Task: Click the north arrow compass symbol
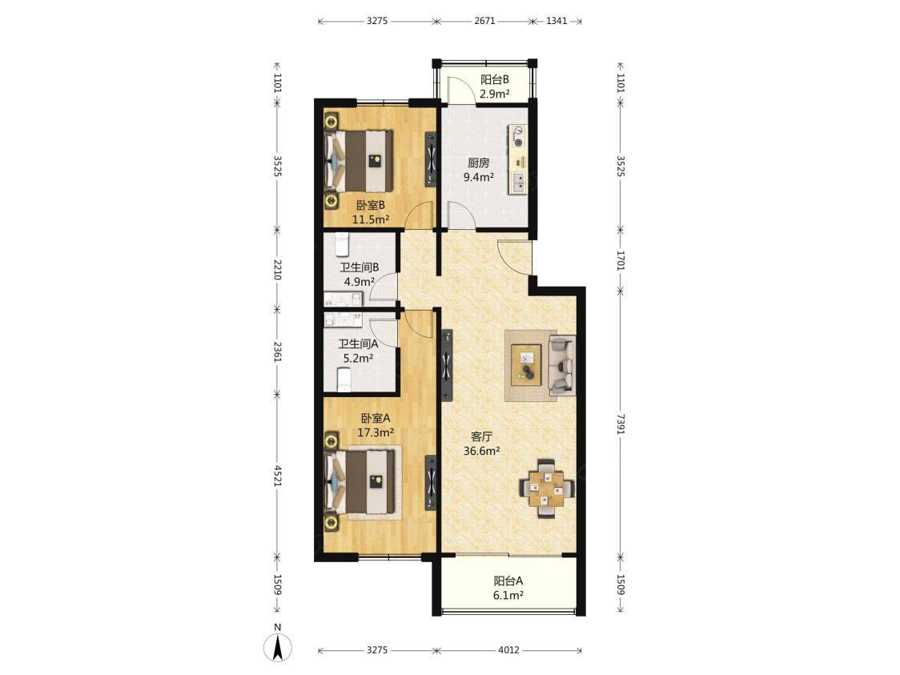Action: [x=278, y=648]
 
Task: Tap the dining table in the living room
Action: [x=546, y=488]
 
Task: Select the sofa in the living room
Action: [x=561, y=365]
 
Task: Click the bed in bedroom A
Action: [x=360, y=481]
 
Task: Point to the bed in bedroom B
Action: [x=360, y=161]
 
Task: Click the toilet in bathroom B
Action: [x=343, y=245]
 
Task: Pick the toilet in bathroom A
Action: [x=344, y=380]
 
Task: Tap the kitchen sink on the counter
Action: [x=519, y=182]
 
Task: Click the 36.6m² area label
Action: [x=481, y=451]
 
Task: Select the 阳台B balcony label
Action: [x=495, y=80]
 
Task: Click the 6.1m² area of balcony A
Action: [x=508, y=596]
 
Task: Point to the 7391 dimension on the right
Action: [x=620, y=424]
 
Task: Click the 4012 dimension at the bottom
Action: [x=508, y=649]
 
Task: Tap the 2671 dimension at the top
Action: [x=484, y=21]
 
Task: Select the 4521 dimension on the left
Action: [x=277, y=476]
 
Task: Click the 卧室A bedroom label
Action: [x=376, y=419]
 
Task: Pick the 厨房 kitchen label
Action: [x=479, y=163]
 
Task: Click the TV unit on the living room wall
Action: [x=447, y=365]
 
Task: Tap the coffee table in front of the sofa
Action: [x=526, y=365]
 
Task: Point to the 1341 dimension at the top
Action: [x=556, y=21]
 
